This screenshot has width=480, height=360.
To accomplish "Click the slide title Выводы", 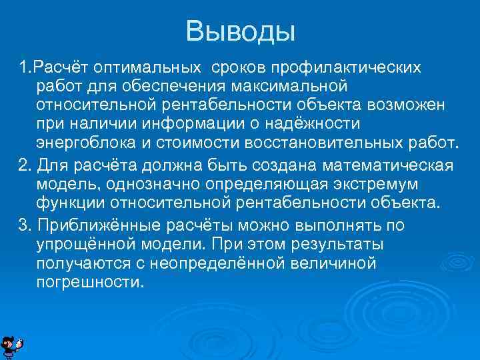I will click(240, 31).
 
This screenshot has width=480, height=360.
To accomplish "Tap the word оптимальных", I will click(148, 68).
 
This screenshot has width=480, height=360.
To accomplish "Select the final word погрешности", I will click(90, 282).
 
